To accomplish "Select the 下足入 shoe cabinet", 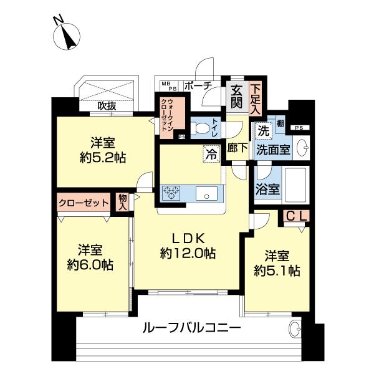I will (x=256, y=98).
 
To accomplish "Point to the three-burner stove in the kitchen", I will (x=172, y=193).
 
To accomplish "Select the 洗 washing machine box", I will (x=262, y=132).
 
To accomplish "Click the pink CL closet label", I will (x=295, y=216).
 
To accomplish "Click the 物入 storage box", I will (x=123, y=201).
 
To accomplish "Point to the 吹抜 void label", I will (x=107, y=106).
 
